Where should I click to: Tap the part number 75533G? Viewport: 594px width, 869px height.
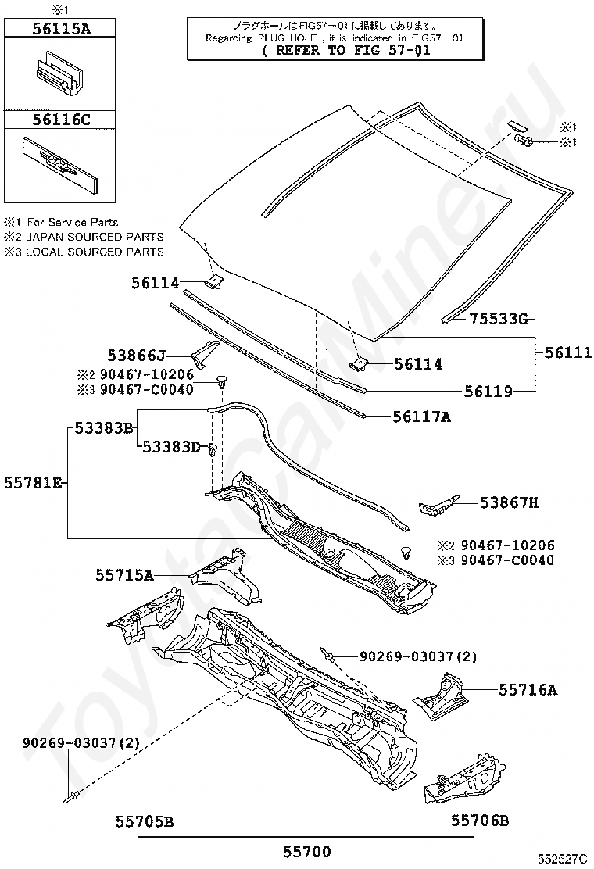(499, 318)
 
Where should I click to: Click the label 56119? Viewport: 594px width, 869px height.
(488, 392)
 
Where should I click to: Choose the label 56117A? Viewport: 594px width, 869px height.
(422, 417)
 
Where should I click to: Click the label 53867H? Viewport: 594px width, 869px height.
(509, 503)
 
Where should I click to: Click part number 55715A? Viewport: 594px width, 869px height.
(124, 575)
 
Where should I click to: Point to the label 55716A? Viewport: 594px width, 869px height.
(528, 689)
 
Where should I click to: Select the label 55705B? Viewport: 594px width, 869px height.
(145, 821)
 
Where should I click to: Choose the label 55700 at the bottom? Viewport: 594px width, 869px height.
(306, 852)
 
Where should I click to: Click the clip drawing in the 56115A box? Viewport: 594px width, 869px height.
(59, 70)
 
